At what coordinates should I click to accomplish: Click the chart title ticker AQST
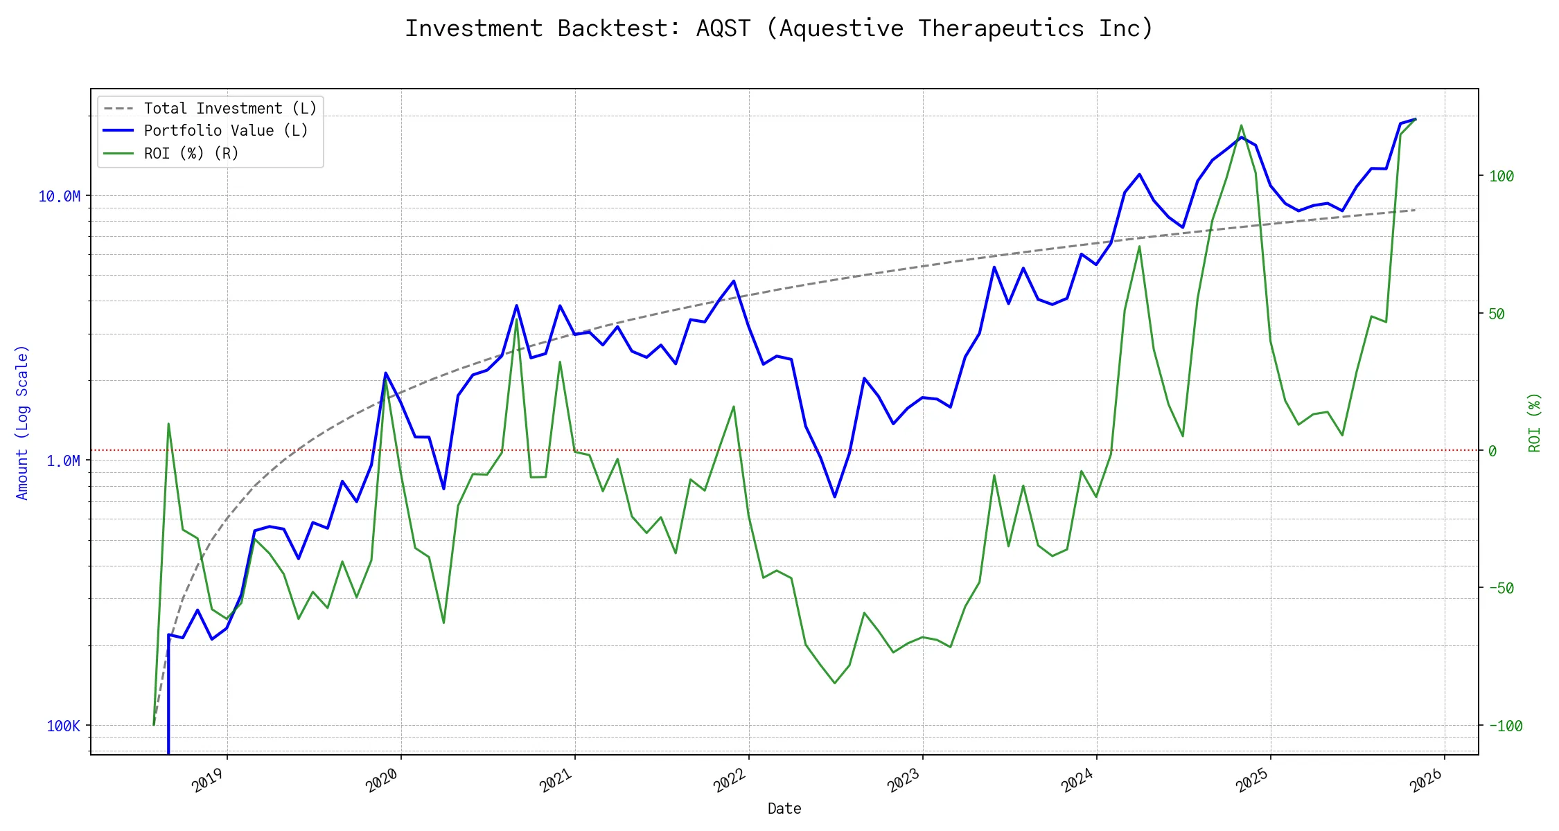(x=723, y=28)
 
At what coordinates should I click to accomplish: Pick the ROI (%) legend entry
(x=191, y=153)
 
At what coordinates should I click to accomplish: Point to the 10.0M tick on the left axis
(x=59, y=197)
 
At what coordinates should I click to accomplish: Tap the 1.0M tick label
(x=63, y=461)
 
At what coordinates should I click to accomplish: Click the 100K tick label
(x=63, y=726)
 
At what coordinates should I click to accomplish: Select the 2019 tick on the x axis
(x=209, y=780)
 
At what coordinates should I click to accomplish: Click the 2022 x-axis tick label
(x=730, y=780)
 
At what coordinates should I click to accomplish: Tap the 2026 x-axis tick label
(x=1426, y=780)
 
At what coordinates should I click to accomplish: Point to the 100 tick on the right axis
(x=1501, y=176)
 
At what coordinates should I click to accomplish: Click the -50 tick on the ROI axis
(x=1501, y=589)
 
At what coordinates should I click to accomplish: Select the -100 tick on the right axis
(x=1505, y=726)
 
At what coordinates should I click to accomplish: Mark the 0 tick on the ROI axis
(x=1492, y=451)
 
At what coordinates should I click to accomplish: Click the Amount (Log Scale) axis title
(x=22, y=422)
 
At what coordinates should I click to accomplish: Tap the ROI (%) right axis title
(x=1535, y=422)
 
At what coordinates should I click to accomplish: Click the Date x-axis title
(x=784, y=809)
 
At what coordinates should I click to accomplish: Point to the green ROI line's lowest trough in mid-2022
(x=835, y=683)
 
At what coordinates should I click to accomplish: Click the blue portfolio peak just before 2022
(x=734, y=280)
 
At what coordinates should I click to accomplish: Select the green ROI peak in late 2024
(x=1241, y=125)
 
